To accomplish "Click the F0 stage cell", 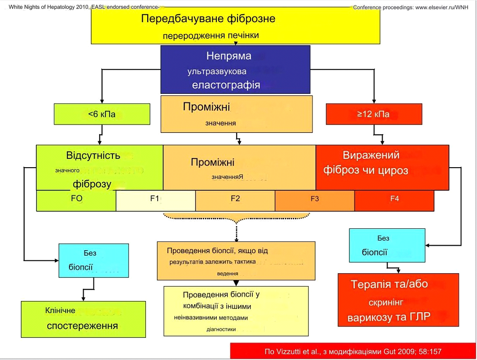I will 76,200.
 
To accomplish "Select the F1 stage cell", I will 156,200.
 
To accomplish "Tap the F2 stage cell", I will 235,200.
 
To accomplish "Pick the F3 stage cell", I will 315,200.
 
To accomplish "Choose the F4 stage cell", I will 394,200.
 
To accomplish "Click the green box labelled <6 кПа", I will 102,115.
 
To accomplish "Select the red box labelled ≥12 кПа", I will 373,115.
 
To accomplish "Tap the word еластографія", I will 226,85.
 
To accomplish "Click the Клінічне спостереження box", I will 83,319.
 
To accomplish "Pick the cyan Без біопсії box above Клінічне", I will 93,261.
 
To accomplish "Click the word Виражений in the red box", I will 371,155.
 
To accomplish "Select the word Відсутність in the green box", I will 93,155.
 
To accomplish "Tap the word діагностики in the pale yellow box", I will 221,329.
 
